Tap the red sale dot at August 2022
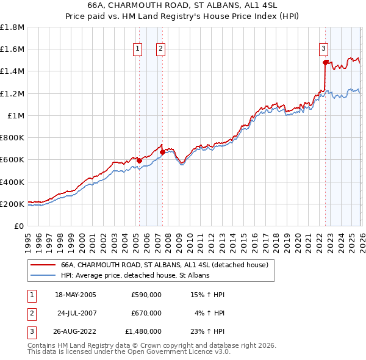[x=325, y=62]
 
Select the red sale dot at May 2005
[x=139, y=161]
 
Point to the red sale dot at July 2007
[x=162, y=152]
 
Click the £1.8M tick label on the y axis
[x=12, y=27]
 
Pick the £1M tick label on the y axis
[x=16, y=115]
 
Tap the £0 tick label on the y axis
[x=20, y=226]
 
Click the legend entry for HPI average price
[x=135, y=276]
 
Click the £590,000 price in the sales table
[x=146, y=294]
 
